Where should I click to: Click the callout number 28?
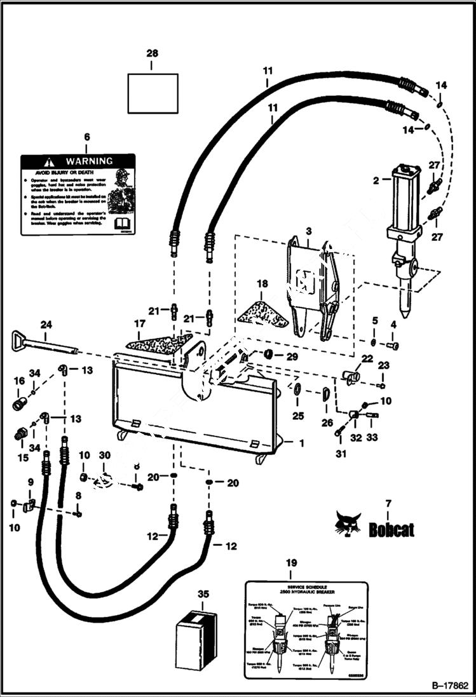click(x=153, y=55)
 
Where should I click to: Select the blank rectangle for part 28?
click(x=153, y=93)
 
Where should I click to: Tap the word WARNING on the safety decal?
click(x=89, y=161)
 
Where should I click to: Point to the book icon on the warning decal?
click(x=122, y=224)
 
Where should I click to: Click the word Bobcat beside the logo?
click(x=391, y=529)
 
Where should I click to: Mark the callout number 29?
click(x=292, y=357)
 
